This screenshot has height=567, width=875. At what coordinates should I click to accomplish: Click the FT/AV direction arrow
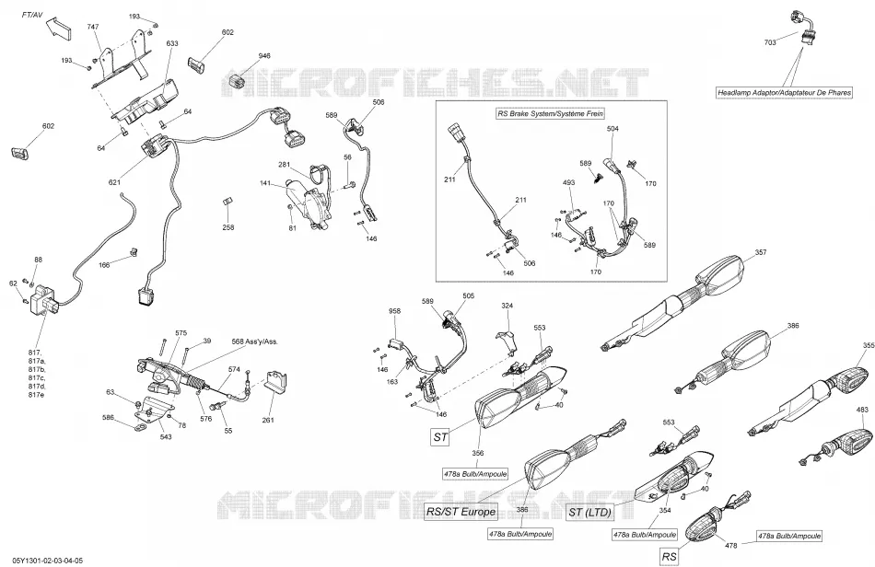[58, 28]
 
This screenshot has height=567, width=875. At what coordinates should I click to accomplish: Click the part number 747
[93, 27]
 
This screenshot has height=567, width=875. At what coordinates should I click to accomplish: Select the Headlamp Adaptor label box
[785, 93]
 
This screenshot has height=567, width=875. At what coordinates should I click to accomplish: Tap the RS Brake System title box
[550, 113]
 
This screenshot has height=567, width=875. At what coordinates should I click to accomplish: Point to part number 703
[769, 42]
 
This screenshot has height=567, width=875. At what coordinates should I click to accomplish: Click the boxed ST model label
[440, 437]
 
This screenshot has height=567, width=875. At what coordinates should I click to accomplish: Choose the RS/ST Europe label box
[461, 511]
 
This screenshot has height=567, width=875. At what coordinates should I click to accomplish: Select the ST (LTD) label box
[589, 512]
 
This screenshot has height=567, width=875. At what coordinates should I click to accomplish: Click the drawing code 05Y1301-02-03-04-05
[43, 561]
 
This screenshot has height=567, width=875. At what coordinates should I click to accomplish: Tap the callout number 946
[264, 56]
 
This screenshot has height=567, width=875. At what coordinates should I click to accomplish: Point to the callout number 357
[761, 252]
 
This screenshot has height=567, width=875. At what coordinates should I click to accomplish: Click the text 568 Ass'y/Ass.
[255, 341]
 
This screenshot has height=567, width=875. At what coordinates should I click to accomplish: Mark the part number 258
[228, 227]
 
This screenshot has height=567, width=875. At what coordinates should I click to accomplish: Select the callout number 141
[265, 183]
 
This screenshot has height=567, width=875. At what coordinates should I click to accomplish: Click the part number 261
[268, 420]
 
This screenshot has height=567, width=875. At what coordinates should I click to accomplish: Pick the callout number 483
[862, 410]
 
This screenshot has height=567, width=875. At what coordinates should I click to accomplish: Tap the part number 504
[612, 129]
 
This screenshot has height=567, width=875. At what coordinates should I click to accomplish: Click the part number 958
[394, 311]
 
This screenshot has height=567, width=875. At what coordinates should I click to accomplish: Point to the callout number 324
[507, 306]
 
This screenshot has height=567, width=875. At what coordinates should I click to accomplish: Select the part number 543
[166, 437]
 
